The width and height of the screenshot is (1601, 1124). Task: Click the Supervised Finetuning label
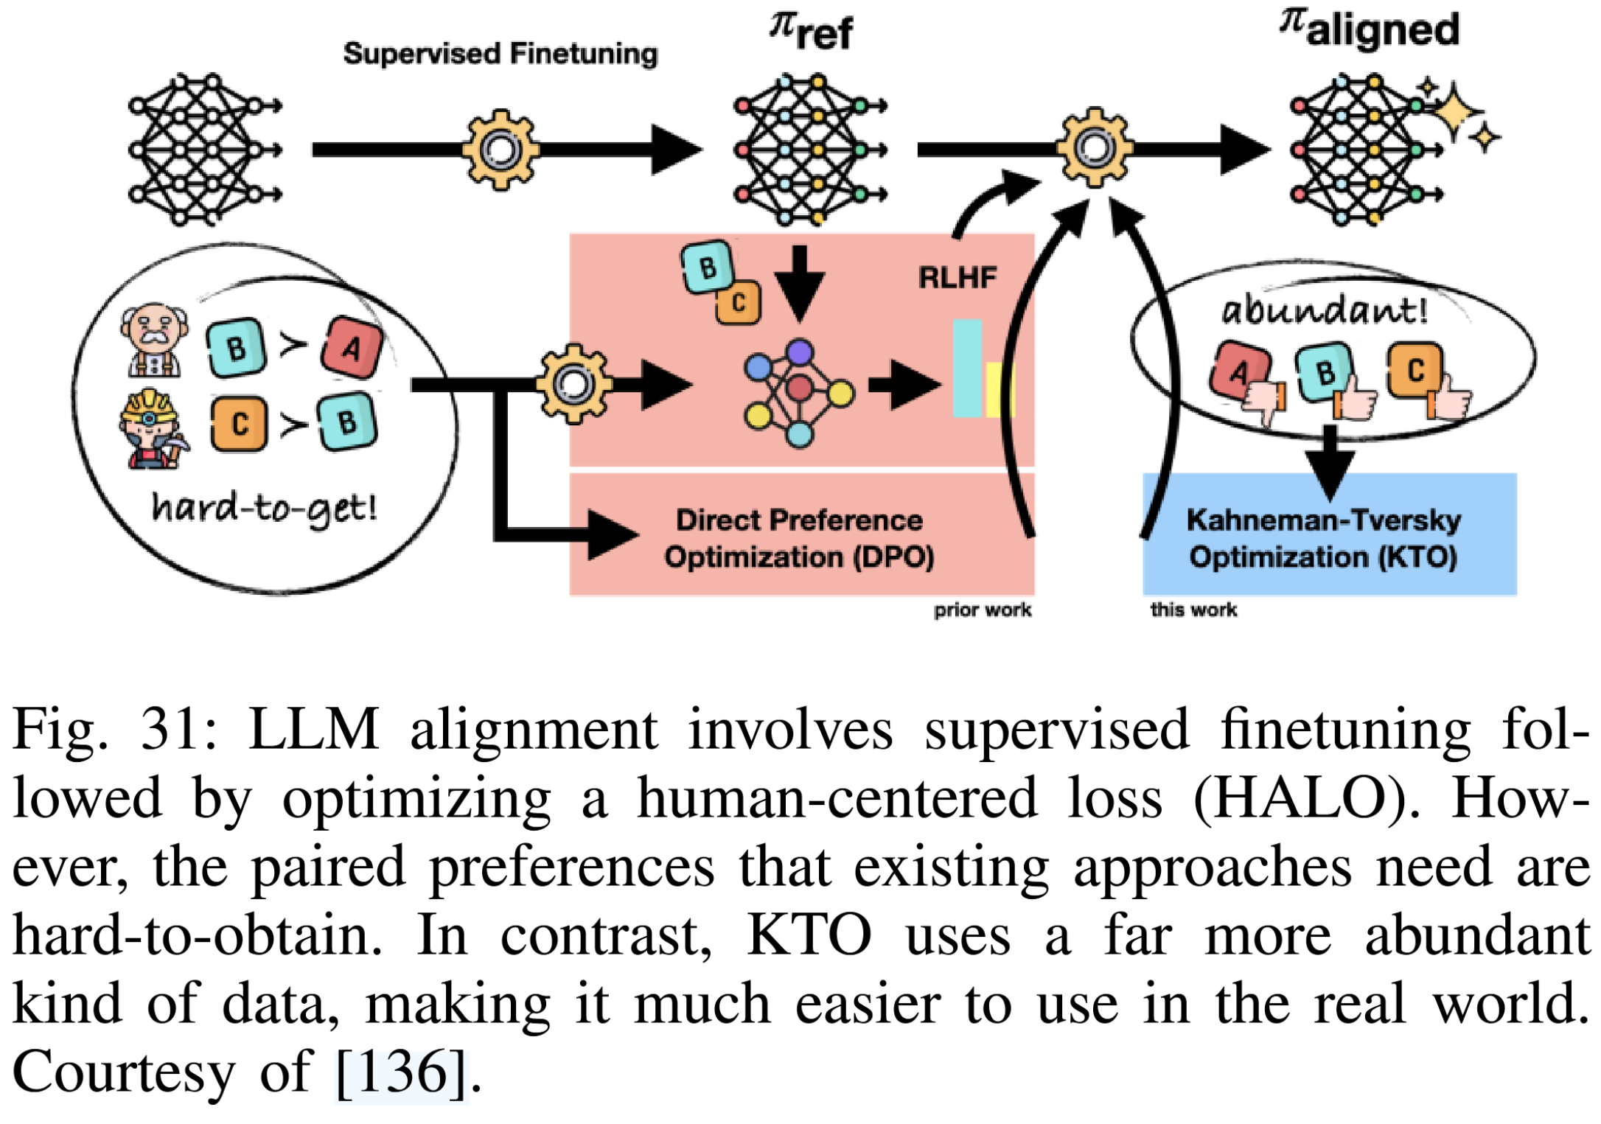500,54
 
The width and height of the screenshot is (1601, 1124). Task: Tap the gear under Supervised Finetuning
500,150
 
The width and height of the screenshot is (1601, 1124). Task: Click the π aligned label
1370,29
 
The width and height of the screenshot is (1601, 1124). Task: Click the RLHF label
958,278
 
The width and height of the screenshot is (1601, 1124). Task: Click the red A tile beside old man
352,347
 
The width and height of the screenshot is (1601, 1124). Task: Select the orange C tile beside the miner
239,424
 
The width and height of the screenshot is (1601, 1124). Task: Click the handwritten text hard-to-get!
264,508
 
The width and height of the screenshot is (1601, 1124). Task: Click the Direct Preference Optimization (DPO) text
799,538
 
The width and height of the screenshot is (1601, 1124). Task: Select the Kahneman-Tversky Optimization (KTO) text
1324,538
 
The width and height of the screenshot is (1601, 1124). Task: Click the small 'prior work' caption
983,610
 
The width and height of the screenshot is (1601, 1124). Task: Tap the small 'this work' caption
1193,610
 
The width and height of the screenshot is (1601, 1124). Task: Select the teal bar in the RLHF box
967,369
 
